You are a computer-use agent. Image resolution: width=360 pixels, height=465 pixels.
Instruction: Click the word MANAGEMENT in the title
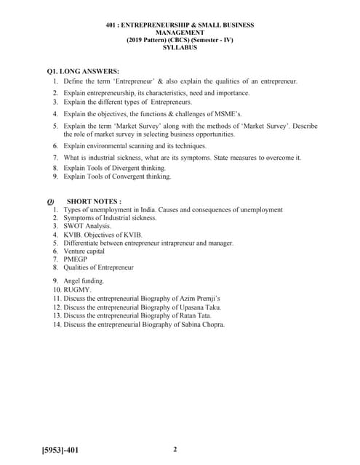pyautogui.click(x=179, y=32)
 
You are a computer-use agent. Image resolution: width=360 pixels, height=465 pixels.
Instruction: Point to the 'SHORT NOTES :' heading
pyautogui.click(x=94, y=201)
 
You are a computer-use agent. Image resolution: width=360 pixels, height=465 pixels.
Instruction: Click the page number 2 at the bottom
pyautogui.click(x=175, y=449)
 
